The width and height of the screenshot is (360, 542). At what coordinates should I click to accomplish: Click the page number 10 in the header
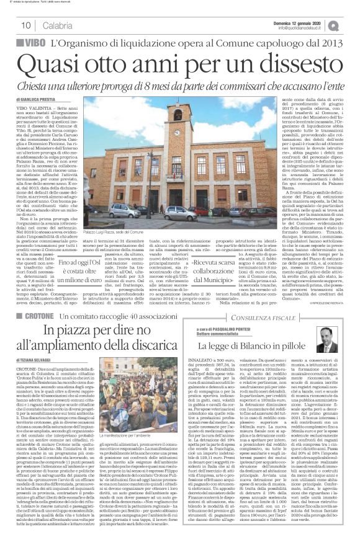(27, 25)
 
